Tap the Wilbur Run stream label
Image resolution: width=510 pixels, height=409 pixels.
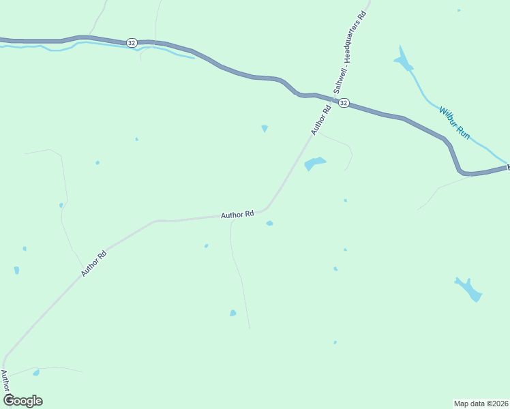(455, 122)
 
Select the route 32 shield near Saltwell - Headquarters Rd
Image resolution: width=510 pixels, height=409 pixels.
(344, 103)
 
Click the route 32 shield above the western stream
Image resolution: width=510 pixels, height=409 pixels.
(131, 42)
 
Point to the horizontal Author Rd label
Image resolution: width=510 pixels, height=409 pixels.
(237, 214)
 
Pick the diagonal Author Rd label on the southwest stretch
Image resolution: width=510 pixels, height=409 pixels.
(94, 264)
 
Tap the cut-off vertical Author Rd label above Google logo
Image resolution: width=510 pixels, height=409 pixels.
(5, 380)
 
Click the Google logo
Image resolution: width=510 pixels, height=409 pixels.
(22, 400)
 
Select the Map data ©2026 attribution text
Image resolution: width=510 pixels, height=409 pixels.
(481, 403)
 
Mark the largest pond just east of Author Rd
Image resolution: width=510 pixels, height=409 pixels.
(314, 164)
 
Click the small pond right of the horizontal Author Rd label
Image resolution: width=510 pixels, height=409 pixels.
(270, 223)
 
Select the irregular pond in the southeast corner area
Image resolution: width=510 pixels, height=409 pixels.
(469, 289)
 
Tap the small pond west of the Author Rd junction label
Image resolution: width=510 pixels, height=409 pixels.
(265, 128)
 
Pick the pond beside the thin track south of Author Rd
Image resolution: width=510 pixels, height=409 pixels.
(233, 313)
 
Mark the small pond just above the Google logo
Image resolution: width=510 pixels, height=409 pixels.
(36, 373)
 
